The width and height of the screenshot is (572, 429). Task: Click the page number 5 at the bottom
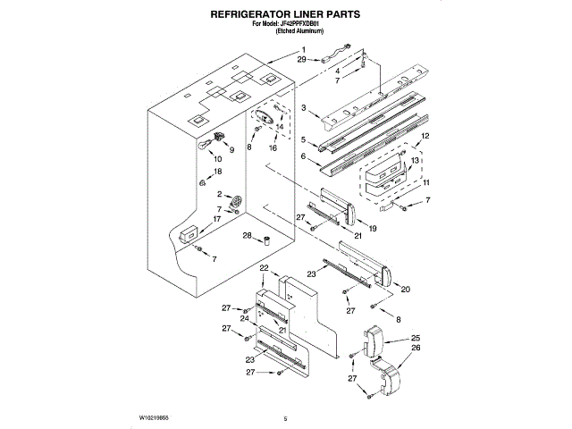[x=284, y=417]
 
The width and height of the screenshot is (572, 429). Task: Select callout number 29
[x=302, y=58]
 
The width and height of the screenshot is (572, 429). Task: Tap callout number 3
[x=304, y=108]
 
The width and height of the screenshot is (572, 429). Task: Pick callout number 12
[x=425, y=135]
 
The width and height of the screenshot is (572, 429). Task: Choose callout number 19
[x=372, y=229]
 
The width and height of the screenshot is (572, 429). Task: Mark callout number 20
[x=406, y=289]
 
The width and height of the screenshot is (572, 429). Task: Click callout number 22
[x=264, y=268]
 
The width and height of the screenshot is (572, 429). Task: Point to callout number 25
[x=415, y=338]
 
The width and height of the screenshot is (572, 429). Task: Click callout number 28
[x=248, y=235]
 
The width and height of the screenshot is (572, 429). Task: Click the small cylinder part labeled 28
[x=265, y=240]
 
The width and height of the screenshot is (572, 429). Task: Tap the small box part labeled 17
[x=188, y=234]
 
